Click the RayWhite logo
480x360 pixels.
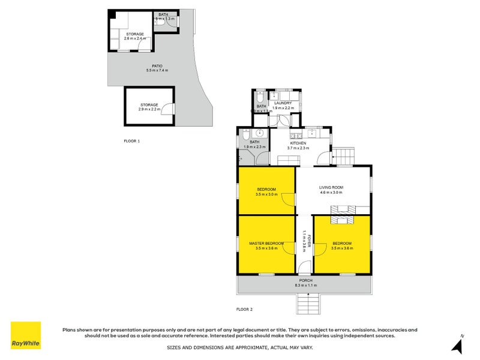[26, 335]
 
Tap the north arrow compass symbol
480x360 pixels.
[458, 344]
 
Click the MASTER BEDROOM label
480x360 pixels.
[267, 243]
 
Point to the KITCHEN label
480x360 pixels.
[298, 143]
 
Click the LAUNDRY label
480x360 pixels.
[282, 103]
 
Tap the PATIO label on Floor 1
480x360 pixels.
[157, 66]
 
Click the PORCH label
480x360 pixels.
[306, 281]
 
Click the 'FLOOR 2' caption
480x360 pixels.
[244, 310]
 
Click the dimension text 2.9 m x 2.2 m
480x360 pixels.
[149, 110]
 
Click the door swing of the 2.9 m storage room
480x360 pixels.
[169, 110]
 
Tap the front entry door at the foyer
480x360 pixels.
[304, 268]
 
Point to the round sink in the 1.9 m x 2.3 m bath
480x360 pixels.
[259, 133]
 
